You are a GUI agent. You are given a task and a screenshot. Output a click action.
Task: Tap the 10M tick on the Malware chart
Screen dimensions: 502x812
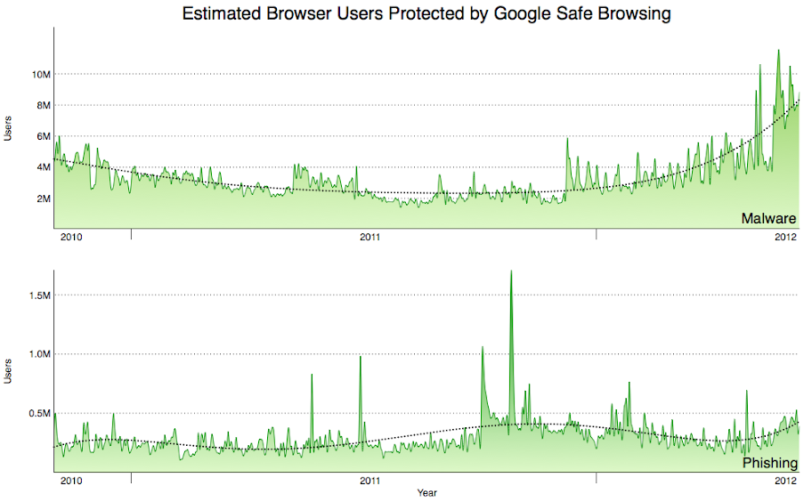coord(39,74)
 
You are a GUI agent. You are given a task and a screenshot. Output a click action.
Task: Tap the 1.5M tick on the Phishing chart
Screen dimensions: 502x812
coord(37,295)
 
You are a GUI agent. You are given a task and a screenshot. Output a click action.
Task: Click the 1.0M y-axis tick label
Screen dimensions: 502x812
coord(37,354)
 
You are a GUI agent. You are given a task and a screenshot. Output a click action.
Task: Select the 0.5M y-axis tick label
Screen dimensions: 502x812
coord(37,413)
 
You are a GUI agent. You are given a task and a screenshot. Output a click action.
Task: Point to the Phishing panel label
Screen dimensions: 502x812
coord(768,465)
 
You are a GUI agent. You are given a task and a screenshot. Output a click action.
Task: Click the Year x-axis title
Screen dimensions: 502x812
coord(426,492)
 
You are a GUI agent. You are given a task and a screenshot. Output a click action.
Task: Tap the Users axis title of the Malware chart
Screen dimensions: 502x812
coord(8,130)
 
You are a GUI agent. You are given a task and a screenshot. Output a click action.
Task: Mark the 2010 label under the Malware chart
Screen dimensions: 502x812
coord(70,238)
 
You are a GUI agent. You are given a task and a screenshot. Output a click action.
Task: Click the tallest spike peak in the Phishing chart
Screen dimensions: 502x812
coord(511,271)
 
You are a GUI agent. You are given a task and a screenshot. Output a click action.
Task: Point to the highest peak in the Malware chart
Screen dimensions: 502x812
coord(778,51)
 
